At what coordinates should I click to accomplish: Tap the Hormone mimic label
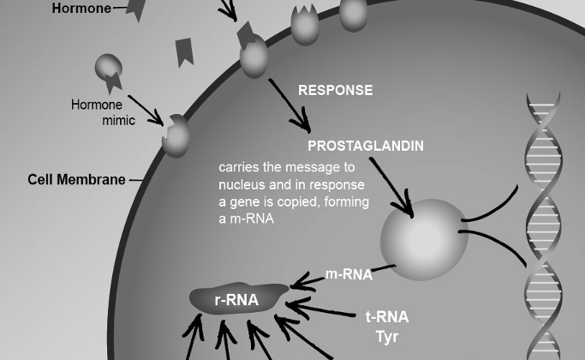tap(103, 113)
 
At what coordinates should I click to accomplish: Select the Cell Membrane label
tap(76, 180)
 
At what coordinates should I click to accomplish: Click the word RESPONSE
tap(335, 90)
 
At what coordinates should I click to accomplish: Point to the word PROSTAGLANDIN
tap(365, 146)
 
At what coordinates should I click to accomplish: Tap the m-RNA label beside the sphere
tap(349, 275)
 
